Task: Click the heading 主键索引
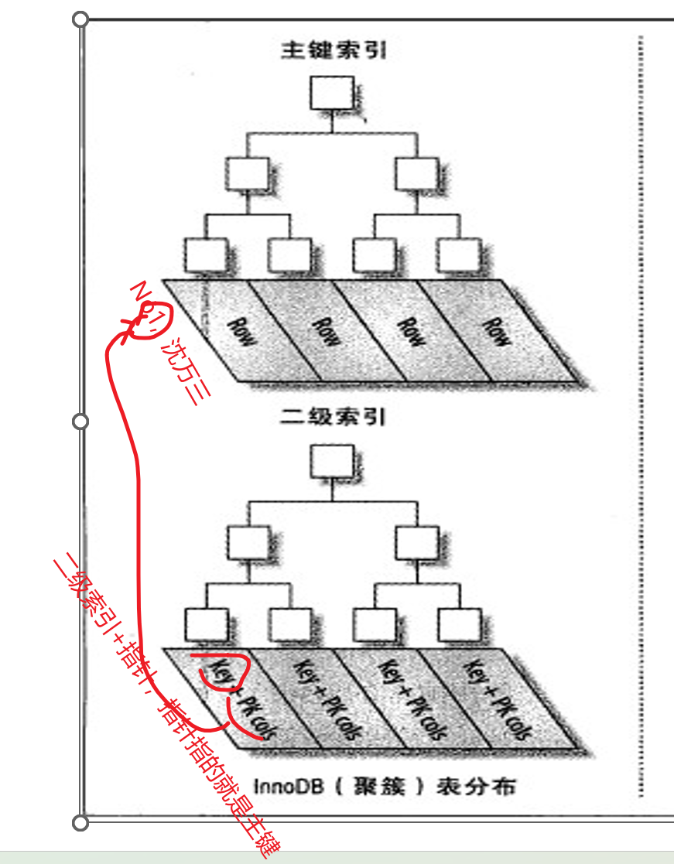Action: [334, 52]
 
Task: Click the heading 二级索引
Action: [334, 418]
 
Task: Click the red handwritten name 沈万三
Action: [185, 374]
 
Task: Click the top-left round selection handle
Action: [80, 19]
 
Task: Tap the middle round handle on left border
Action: [80, 421]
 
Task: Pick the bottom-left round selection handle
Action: [80, 821]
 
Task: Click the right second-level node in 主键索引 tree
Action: [416, 175]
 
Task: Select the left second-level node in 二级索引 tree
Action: [248, 543]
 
